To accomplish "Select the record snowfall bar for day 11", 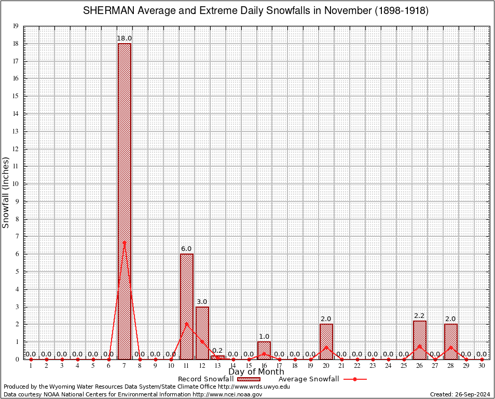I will (187, 307).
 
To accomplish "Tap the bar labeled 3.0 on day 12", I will (202, 332).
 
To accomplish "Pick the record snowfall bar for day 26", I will (420, 340).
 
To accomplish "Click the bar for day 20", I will (326, 341).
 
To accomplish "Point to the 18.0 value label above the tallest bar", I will (125, 38).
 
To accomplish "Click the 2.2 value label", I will (420, 316).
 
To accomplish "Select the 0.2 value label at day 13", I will (217, 351).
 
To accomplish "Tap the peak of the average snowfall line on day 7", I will (125, 242).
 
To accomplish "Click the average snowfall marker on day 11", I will (187, 324).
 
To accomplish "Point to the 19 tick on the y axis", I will (16, 26).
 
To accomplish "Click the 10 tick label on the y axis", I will (16, 184).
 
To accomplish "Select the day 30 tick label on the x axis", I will (482, 366).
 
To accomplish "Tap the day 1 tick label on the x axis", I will (31, 366).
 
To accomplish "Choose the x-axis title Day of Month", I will (256, 372).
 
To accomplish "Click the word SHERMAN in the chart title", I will (106, 11).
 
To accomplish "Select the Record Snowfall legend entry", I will (223, 379).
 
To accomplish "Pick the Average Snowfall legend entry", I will (322, 379).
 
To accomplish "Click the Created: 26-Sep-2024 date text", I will (460, 394).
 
